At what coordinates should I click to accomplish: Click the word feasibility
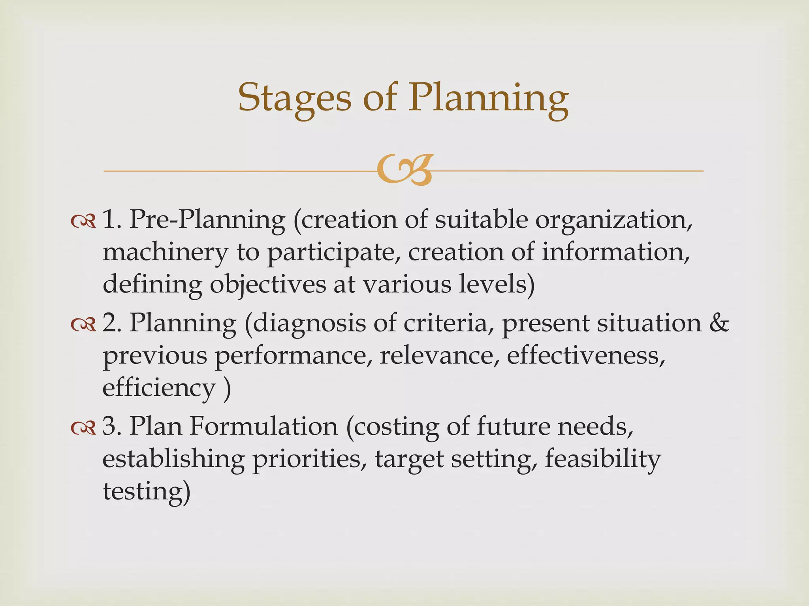click(602, 459)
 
